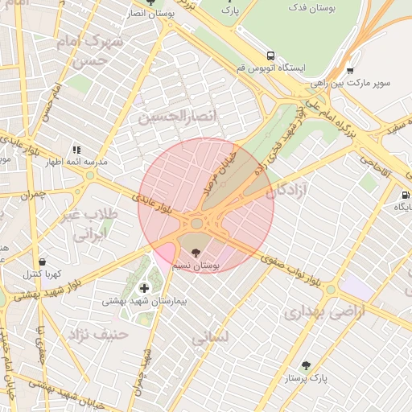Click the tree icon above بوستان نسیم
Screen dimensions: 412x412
[x=197, y=252]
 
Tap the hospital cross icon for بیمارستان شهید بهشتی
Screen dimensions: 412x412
[x=144, y=288]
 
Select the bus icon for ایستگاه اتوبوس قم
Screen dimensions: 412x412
[x=270, y=56]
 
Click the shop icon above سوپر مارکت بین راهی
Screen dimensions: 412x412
[x=349, y=69]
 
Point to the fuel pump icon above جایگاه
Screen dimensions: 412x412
[x=405, y=194]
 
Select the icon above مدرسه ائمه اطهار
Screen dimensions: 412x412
[x=76, y=150]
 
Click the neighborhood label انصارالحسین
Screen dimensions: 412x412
[x=178, y=117]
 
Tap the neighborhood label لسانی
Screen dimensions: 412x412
[x=212, y=337]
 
